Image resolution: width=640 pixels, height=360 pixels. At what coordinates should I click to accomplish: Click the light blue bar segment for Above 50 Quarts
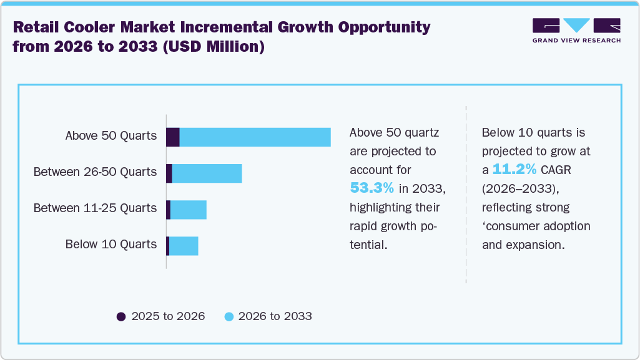point(255,137)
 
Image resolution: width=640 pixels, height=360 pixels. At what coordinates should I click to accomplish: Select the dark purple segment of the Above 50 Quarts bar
point(173,137)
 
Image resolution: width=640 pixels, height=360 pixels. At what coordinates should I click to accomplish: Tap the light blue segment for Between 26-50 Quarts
point(207,174)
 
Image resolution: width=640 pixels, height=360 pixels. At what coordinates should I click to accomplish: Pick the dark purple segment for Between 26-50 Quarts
point(169,174)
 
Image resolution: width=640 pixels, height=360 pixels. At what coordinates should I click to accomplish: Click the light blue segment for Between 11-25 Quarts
point(188,210)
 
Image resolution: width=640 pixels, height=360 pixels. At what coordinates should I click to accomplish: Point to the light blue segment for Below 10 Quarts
point(184,246)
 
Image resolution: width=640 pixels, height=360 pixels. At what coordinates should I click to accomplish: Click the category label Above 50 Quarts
point(111,136)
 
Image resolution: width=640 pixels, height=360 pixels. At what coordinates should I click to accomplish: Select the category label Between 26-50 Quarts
point(95,172)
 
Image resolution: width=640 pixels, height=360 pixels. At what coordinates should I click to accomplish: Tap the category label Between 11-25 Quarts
point(95,208)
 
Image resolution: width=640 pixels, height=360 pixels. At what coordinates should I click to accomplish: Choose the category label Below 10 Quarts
point(111,245)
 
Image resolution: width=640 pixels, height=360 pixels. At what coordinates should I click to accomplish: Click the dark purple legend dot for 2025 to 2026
point(121,317)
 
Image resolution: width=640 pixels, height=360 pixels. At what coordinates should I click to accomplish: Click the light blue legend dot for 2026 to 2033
point(229,317)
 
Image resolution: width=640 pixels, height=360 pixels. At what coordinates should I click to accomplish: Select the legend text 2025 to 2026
point(168,317)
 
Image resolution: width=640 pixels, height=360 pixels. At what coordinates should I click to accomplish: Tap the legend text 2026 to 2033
point(275,317)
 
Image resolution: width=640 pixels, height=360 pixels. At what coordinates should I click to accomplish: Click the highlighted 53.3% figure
point(372,188)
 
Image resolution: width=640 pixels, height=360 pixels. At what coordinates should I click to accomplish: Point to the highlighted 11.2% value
point(514,169)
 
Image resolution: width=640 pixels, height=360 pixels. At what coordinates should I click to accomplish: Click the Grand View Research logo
point(576,31)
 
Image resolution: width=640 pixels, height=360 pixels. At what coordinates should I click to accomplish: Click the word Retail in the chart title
point(38,27)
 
